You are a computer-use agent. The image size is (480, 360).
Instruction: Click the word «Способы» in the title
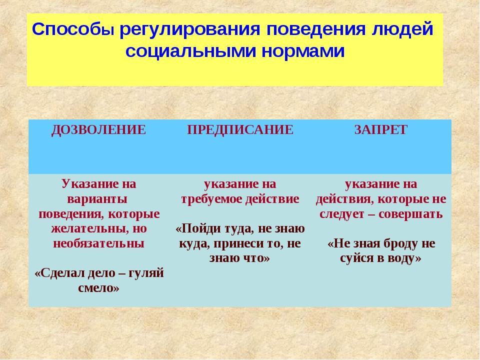73,30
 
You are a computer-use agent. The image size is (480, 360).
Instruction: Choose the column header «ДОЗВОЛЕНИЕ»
98,130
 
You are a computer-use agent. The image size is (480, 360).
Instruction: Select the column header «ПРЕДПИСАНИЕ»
240,130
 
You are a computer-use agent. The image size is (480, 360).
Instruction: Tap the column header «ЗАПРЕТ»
381,130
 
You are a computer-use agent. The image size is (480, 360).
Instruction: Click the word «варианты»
97,199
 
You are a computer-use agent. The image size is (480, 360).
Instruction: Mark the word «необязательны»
98,243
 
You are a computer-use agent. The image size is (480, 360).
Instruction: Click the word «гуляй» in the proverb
145,273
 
